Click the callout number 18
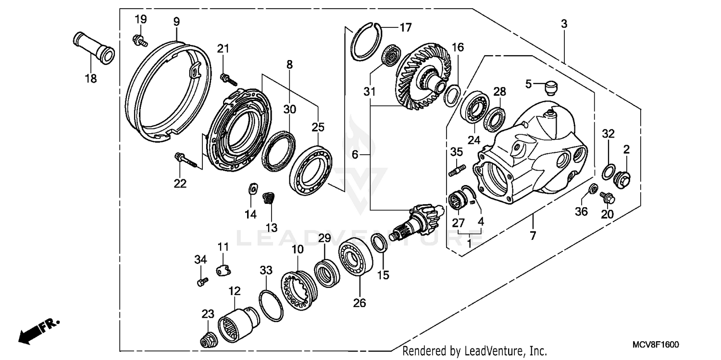(x=90, y=78)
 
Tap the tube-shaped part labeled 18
(x=94, y=46)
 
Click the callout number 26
(x=360, y=303)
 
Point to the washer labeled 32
(x=609, y=171)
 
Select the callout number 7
(x=533, y=236)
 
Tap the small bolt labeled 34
(x=202, y=281)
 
